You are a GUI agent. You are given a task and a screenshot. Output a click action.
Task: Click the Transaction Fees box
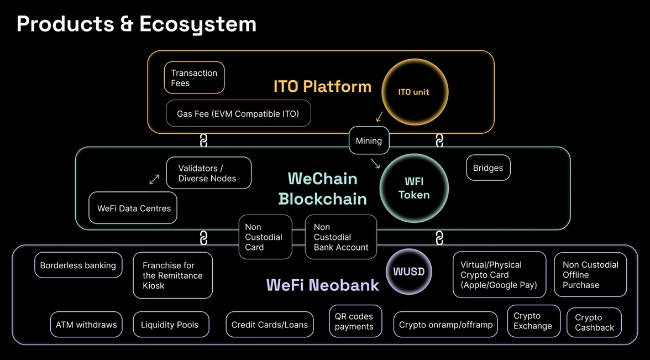coord(194,77)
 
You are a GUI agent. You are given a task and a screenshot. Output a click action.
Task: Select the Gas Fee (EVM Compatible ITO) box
coord(238,113)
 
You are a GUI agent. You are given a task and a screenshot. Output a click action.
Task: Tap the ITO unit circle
coord(414,92)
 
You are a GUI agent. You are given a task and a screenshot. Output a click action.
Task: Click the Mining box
coord(369,140)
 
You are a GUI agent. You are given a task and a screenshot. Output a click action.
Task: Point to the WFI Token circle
coord(414,188)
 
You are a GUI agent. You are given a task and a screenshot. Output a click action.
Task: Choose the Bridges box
coord(488,168)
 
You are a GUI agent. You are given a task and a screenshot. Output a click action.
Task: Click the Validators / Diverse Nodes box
coord(208,173)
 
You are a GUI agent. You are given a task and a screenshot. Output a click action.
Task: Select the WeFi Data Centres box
coord(133,208)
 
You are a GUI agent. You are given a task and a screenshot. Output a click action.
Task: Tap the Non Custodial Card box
coord(265,237)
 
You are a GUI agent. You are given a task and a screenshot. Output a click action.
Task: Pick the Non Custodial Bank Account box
coord(341,237)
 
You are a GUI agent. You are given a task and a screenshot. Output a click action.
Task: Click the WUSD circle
coord(408,272)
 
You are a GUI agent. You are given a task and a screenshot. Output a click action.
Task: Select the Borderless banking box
coord(78,265)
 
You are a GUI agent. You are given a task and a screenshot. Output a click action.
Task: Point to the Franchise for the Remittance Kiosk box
coord(172,275)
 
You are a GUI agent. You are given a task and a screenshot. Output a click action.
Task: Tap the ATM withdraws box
coord(86,325)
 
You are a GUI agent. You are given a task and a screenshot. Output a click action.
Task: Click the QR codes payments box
coord(355,321)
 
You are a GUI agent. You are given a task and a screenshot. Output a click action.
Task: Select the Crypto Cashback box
coord(594,322)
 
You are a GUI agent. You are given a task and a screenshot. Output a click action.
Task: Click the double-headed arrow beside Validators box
coord(154,179)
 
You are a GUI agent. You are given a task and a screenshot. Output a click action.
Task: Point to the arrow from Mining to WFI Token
coord(375,163)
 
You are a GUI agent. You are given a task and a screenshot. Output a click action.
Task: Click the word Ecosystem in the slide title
coord(197,24)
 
